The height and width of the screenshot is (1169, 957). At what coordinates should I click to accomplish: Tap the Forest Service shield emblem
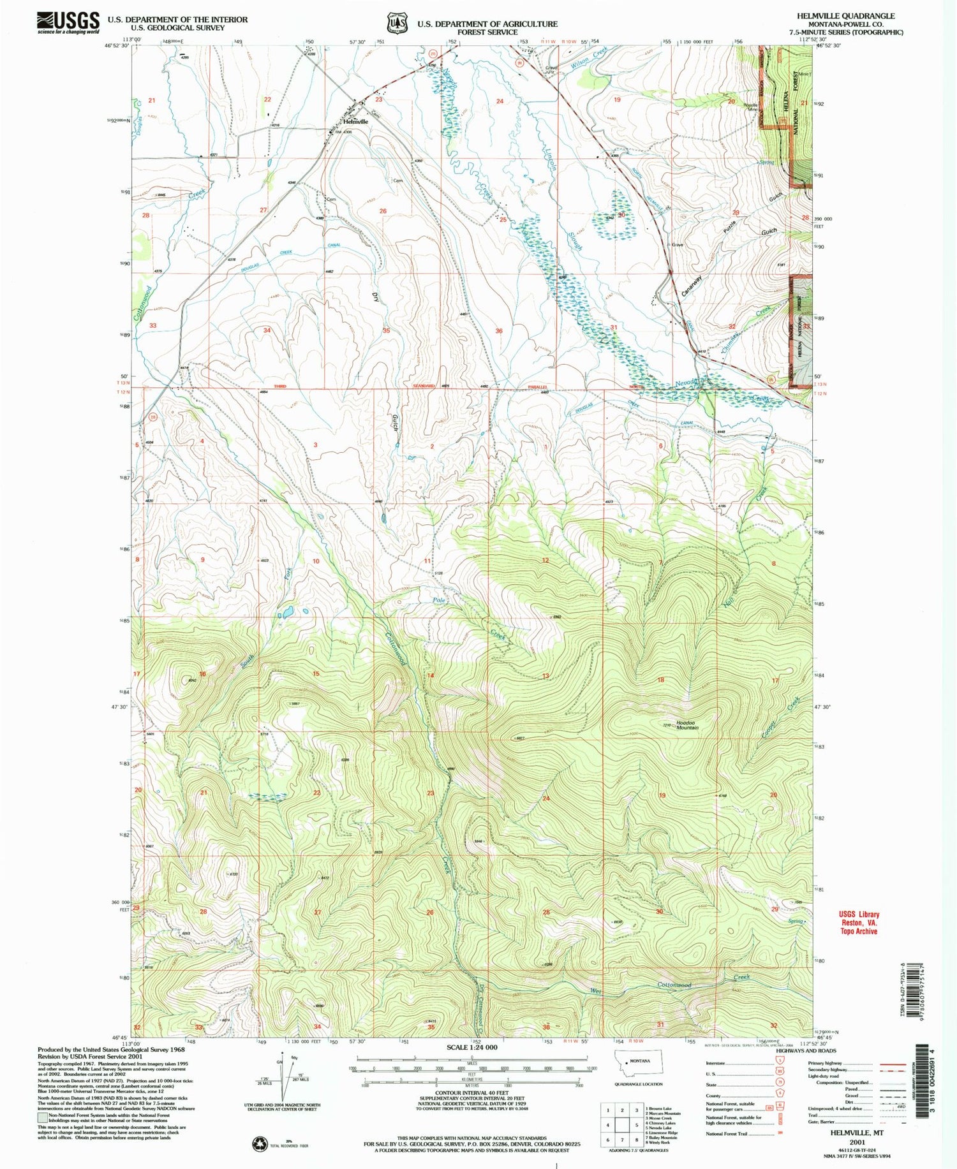[396, 24]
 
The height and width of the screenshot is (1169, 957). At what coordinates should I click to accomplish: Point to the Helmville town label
[355, 121]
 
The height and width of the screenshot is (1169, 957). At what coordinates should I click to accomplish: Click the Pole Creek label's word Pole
[439, 601]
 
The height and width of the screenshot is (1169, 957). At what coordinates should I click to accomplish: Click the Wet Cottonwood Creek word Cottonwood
[674, 985]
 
